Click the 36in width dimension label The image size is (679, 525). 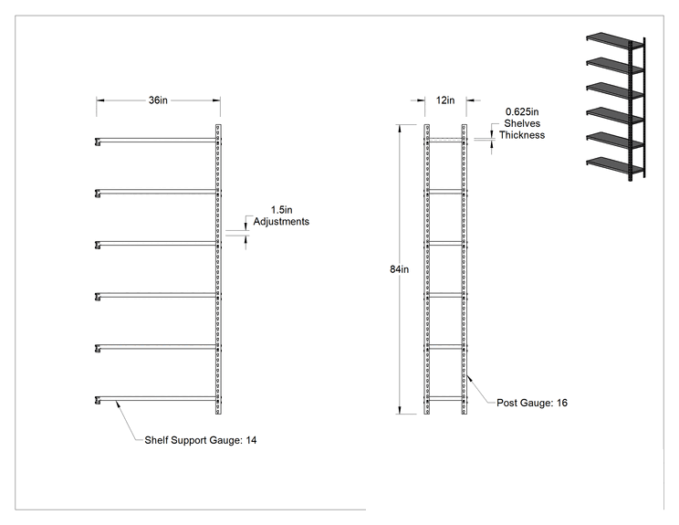coord(158,100)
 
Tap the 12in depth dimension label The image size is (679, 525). coord(445,100)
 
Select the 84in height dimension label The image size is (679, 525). coord(399,269)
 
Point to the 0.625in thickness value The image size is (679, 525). coord(522,111)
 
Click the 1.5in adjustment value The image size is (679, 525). coord(281,210)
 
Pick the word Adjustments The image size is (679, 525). coord(281,221)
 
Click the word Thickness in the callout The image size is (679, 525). coord(522,135)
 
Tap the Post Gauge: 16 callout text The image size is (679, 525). coord(532,403)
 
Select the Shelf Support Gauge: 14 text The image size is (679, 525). coord(201,440)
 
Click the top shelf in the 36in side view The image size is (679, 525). coord(156,141)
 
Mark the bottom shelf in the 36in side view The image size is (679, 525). coord(156,398)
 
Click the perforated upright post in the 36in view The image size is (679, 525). coord(218,269)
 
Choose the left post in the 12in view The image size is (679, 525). coord(426,269)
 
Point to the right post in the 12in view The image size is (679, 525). coord(465,269)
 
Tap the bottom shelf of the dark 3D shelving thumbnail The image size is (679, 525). coord(609,164)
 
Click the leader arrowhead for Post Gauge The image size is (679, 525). coord(469,379)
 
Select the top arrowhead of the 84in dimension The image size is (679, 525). coord(400,129)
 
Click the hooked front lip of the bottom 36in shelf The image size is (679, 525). coord(98,400)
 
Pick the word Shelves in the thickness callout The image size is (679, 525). coord(522,123)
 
